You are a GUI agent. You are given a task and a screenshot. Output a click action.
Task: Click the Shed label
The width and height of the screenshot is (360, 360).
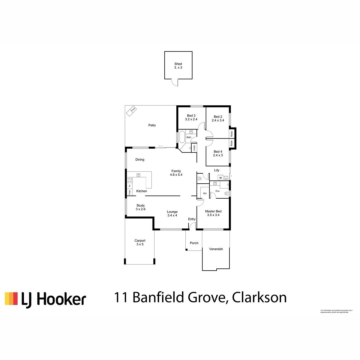click(178, 64)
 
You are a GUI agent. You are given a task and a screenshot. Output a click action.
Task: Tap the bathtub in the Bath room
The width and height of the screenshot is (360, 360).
click(182, 137)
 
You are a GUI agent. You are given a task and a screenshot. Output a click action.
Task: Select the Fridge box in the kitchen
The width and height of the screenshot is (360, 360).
click(129, 192)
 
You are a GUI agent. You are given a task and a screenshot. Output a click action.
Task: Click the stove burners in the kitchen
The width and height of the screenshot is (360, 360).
click(129, 180)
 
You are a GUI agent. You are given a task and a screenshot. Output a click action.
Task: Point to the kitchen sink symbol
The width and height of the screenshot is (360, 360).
click(138, 175)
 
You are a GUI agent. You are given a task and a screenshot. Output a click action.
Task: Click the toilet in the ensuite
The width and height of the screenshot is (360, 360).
click(227, 193)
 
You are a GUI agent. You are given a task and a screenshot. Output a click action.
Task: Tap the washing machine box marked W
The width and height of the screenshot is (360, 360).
click(220, 178)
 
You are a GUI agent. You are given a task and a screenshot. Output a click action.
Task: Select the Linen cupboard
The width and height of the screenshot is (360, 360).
click(194, 147)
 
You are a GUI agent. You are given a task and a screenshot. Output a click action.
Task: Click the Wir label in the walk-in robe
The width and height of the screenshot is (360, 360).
click(205, 193)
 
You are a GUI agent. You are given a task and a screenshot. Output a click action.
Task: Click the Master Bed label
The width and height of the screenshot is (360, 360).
click(213, 211)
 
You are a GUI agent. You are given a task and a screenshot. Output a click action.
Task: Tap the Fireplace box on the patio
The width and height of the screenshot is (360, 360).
click(131, 111)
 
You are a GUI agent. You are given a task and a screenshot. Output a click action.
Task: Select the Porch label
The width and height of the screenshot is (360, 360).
click(194, 243)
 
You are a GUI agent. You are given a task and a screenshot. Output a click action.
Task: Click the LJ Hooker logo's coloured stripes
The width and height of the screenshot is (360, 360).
click(11, 299)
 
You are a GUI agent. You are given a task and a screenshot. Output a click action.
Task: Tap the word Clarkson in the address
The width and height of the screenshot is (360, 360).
click(259, 297)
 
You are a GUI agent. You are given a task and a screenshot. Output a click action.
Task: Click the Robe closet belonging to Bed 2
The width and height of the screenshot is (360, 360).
click(231, 133)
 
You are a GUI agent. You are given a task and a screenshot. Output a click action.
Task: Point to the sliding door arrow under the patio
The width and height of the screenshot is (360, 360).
click(161, 146)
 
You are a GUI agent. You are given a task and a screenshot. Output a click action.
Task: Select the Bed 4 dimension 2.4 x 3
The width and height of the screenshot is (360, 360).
click(218, 155)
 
